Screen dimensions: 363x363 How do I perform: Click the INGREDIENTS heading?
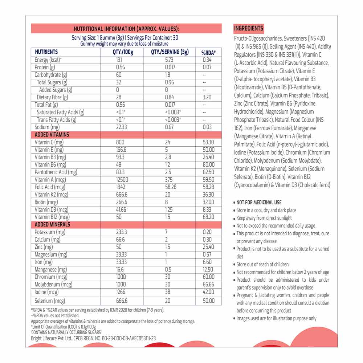pyautogui.click(x=249, y=29)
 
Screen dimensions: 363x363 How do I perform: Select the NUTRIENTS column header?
pyautogui.click(x=46, y=52)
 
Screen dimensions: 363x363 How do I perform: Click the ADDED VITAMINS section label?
pyautogui.click(x=52, y=134)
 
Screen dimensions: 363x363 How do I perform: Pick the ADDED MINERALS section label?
pyautogui.click(x=52, y=224)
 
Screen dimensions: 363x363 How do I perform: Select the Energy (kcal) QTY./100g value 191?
pyautogui.click(x=119, y=60)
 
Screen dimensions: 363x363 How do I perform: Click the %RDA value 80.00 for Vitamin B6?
pyautogui.click(x=208, y=164)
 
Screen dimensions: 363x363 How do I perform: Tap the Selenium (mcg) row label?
pyautogui.click(x=50, y=301)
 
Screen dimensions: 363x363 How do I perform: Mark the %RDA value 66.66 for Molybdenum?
pyautogui.click(x=208, y=285)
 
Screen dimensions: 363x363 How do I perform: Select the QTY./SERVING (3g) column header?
pyautogui.click(x=170, y=52)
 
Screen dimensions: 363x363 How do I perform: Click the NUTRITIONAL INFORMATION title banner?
pyautogui.click(x=126, y=29)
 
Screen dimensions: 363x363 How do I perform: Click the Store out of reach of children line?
pyautogui.click(x=262, y=264)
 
